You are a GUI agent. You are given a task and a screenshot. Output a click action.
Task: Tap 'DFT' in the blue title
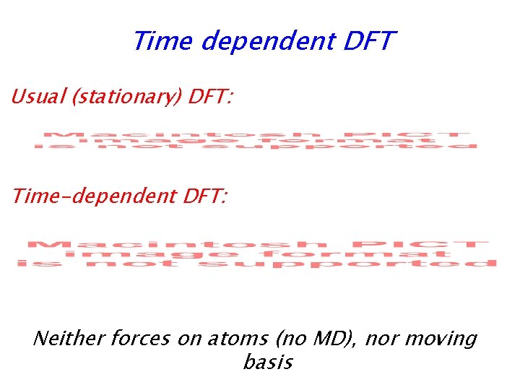[x=370, y=41]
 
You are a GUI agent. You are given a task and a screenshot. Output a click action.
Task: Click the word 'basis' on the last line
[x=268, y=362]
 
